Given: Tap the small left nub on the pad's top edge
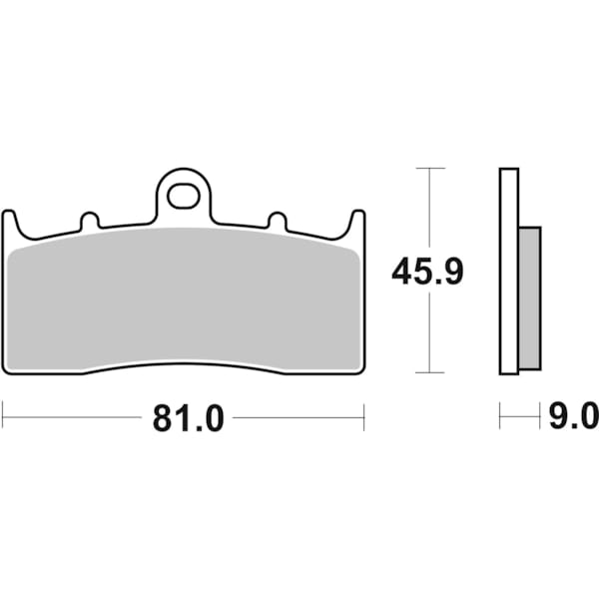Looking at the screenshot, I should [89, 221].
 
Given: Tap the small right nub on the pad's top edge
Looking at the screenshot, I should [278, 221].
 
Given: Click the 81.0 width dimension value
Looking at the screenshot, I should [188, 418].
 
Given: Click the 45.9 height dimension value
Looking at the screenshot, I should [427, 272].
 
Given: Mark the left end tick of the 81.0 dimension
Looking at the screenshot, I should [3, 416].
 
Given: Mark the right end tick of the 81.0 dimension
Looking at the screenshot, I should [364, 416].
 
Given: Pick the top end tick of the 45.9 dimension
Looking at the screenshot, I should [429, 168].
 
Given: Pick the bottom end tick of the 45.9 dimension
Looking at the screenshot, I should [429, 372].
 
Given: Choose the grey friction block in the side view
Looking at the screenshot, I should [529, 298].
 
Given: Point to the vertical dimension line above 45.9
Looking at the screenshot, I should [429, 210].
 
